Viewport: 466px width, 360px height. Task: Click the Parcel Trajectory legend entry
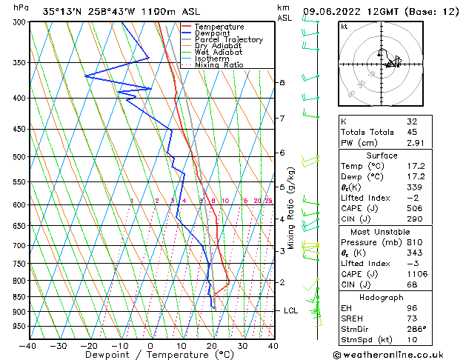[228, 39]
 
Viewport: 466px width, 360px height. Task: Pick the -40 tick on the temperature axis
[28, 345]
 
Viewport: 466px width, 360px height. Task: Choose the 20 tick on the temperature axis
[212, 345]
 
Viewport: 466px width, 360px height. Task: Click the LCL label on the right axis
[290, 310]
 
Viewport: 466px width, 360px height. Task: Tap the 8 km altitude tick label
[282, 82]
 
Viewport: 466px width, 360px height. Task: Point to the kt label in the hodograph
[344, 26]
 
